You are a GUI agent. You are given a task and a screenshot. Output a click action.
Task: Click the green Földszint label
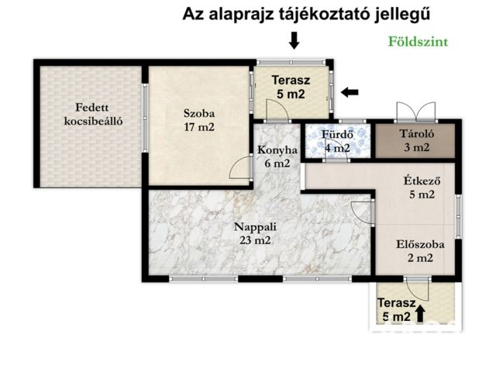coord(418,42)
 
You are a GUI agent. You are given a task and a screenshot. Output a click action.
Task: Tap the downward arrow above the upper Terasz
coord(294,40)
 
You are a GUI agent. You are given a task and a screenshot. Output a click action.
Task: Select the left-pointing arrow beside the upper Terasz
coord(350,92)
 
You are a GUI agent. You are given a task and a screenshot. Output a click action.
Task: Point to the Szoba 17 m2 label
coord(199,120)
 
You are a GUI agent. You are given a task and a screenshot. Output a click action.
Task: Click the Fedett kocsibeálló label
coord(92,114)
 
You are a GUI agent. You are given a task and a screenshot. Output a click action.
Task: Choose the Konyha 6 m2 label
coord(277,157)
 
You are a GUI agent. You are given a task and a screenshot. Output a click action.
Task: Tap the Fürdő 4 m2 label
coord(337,141)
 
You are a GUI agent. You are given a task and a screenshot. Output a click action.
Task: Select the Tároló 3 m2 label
coord(417,140)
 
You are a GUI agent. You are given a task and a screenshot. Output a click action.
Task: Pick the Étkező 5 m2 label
coord(422,188)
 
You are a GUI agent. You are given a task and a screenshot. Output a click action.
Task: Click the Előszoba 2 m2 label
coord(420,251)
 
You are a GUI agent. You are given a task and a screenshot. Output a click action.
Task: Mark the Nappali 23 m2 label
coord(255,233)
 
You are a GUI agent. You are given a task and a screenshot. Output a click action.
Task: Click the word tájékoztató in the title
coord(324,15)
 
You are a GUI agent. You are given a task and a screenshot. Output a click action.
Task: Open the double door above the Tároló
coord(416,112)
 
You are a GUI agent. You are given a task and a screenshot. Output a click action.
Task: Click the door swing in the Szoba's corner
coord(241,167)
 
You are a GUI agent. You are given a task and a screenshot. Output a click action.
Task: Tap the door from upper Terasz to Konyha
coord(277,111)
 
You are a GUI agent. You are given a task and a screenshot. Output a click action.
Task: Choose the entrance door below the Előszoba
coord(418,289)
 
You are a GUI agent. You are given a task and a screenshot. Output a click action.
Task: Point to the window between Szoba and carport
coord(145,118)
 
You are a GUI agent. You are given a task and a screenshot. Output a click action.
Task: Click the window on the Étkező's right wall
coord(458,217)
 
